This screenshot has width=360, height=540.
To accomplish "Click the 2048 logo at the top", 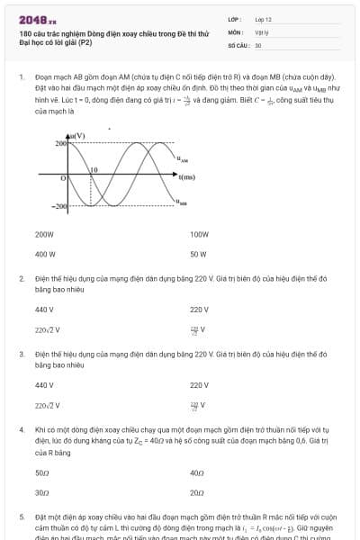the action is click(38, 19).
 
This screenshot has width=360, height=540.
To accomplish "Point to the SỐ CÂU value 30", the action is click(258, 44).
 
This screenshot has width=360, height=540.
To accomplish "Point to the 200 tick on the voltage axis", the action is click(61, 144).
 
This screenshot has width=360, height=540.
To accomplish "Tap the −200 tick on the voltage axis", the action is click(58, 207).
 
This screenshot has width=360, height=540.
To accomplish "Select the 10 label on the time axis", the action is click(93, 169).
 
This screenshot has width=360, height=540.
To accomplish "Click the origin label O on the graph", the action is click(63, 179).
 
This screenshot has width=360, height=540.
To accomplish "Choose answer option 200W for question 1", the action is click(45, 234).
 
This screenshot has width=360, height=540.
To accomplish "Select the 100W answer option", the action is click(199, 234).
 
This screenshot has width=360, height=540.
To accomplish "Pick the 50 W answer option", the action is click(198, 254).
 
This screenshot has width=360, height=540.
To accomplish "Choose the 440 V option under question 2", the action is click(45, 310).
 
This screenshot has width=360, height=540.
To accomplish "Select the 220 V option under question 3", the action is click(199, 385).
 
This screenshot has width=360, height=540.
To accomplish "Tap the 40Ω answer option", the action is click(197, 472).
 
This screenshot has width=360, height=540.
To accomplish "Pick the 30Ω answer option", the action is click(41, 492).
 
